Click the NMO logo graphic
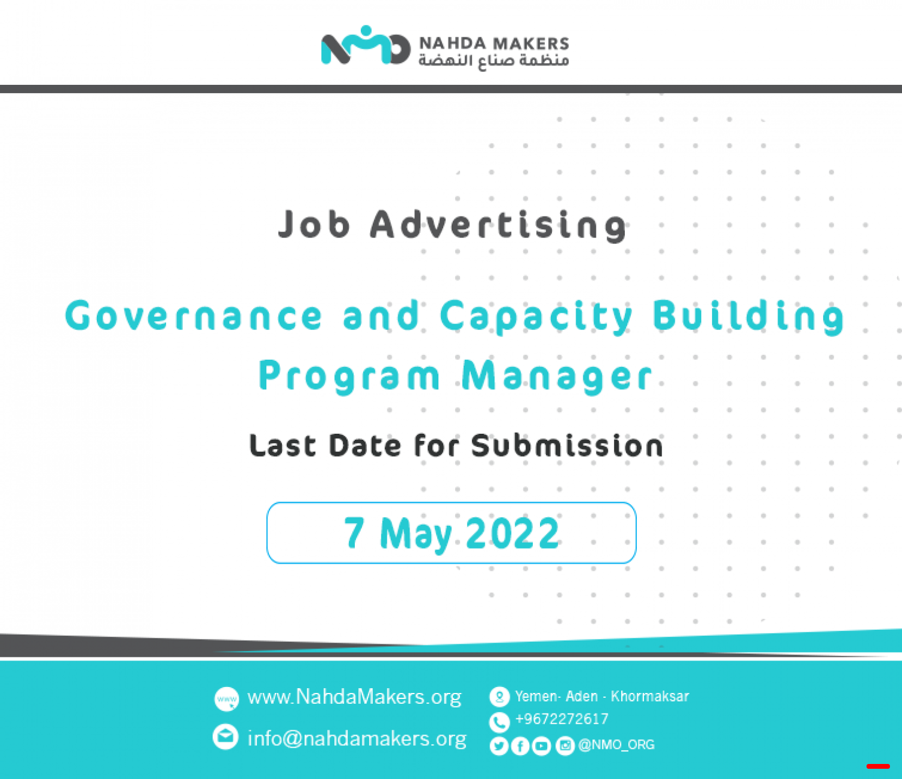[x=366, y=45]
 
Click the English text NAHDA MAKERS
[x=494, y=44]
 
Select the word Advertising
[x=499, y=226]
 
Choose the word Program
[x=349, y=377]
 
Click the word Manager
[x=557, y=377]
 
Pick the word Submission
[x=567, y=445]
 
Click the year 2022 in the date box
[x=513, y=532]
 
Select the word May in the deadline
[x=416, y=535]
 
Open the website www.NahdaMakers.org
[x=354, y=697]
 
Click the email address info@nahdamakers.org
[x=357, y=739]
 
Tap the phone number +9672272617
[x=562, y=719]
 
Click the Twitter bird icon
[x=499, y=747]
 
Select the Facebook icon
[x=520, y=747]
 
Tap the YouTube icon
[x=542, y=747]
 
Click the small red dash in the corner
[x=878, y=766]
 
